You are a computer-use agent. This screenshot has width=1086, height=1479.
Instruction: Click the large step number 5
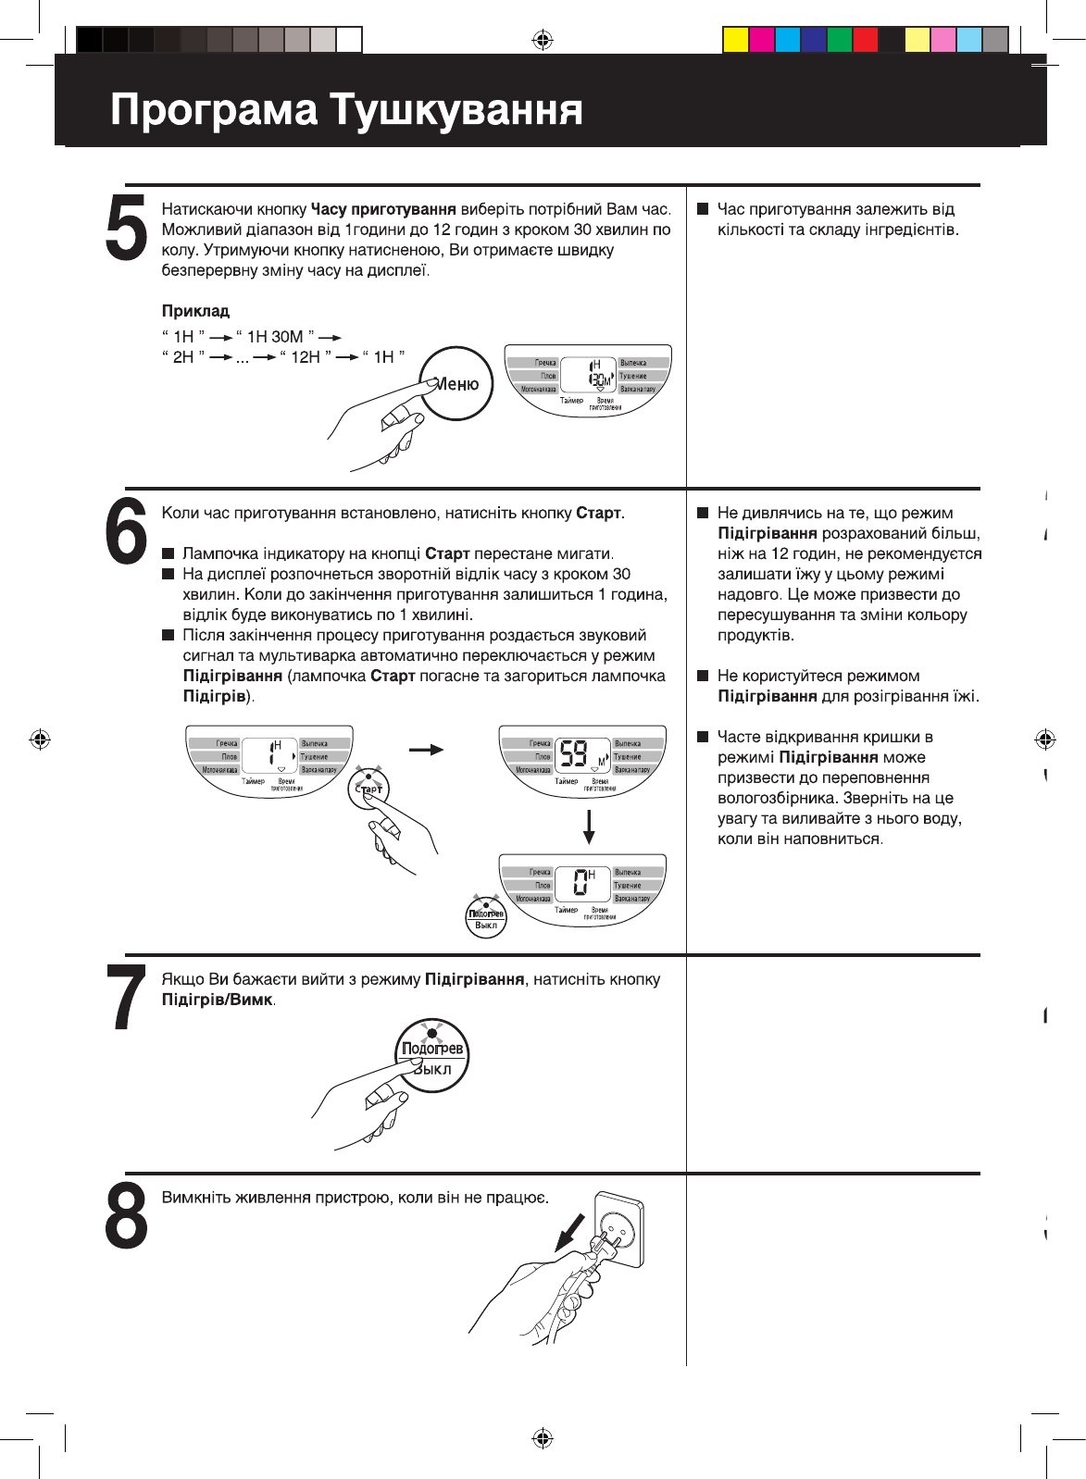pyautogui.click(x=127, y=228)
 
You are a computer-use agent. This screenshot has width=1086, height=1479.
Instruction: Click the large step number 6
pyautogui.click(x=127, y=529)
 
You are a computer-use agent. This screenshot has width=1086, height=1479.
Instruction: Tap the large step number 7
pyautogui.click(x=127, y=997)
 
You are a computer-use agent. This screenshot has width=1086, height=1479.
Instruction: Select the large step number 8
pyautogui.click(x=127, y=1214)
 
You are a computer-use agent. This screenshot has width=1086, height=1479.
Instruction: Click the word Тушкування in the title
pyautogui.click(x=456, y=110)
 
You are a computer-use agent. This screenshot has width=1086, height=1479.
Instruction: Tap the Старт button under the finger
pyautogui.click(x=369, y=789)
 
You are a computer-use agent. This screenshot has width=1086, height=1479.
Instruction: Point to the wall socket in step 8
pyautogui.click(x=618, y=1229)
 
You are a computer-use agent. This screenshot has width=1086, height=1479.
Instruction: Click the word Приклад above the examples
pyautogui.click(x=195, y=311)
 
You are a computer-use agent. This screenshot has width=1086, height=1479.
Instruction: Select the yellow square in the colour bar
pyautogui.click(x=735, y=40)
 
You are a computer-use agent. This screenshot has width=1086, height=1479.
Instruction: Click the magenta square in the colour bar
pyautogui.click(x=761, y=40)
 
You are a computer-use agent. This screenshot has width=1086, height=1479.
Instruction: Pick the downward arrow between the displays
pyautogui.click(x=588, y=826)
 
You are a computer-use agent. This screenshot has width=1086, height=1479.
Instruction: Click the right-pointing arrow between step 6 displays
pyautogui.click(x=426, y=750)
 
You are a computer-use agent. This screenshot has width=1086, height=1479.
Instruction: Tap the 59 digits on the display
pyautogui.click(x=574, y=754)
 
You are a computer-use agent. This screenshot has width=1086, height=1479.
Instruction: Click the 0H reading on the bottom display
pyautogui.click(x=582, y=881)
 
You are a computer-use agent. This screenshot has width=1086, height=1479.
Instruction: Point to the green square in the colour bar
pyautogui.click(x=839, y=40)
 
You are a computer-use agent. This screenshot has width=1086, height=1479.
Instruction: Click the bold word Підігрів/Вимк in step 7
pyautogui.click(x=218, y=1000)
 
